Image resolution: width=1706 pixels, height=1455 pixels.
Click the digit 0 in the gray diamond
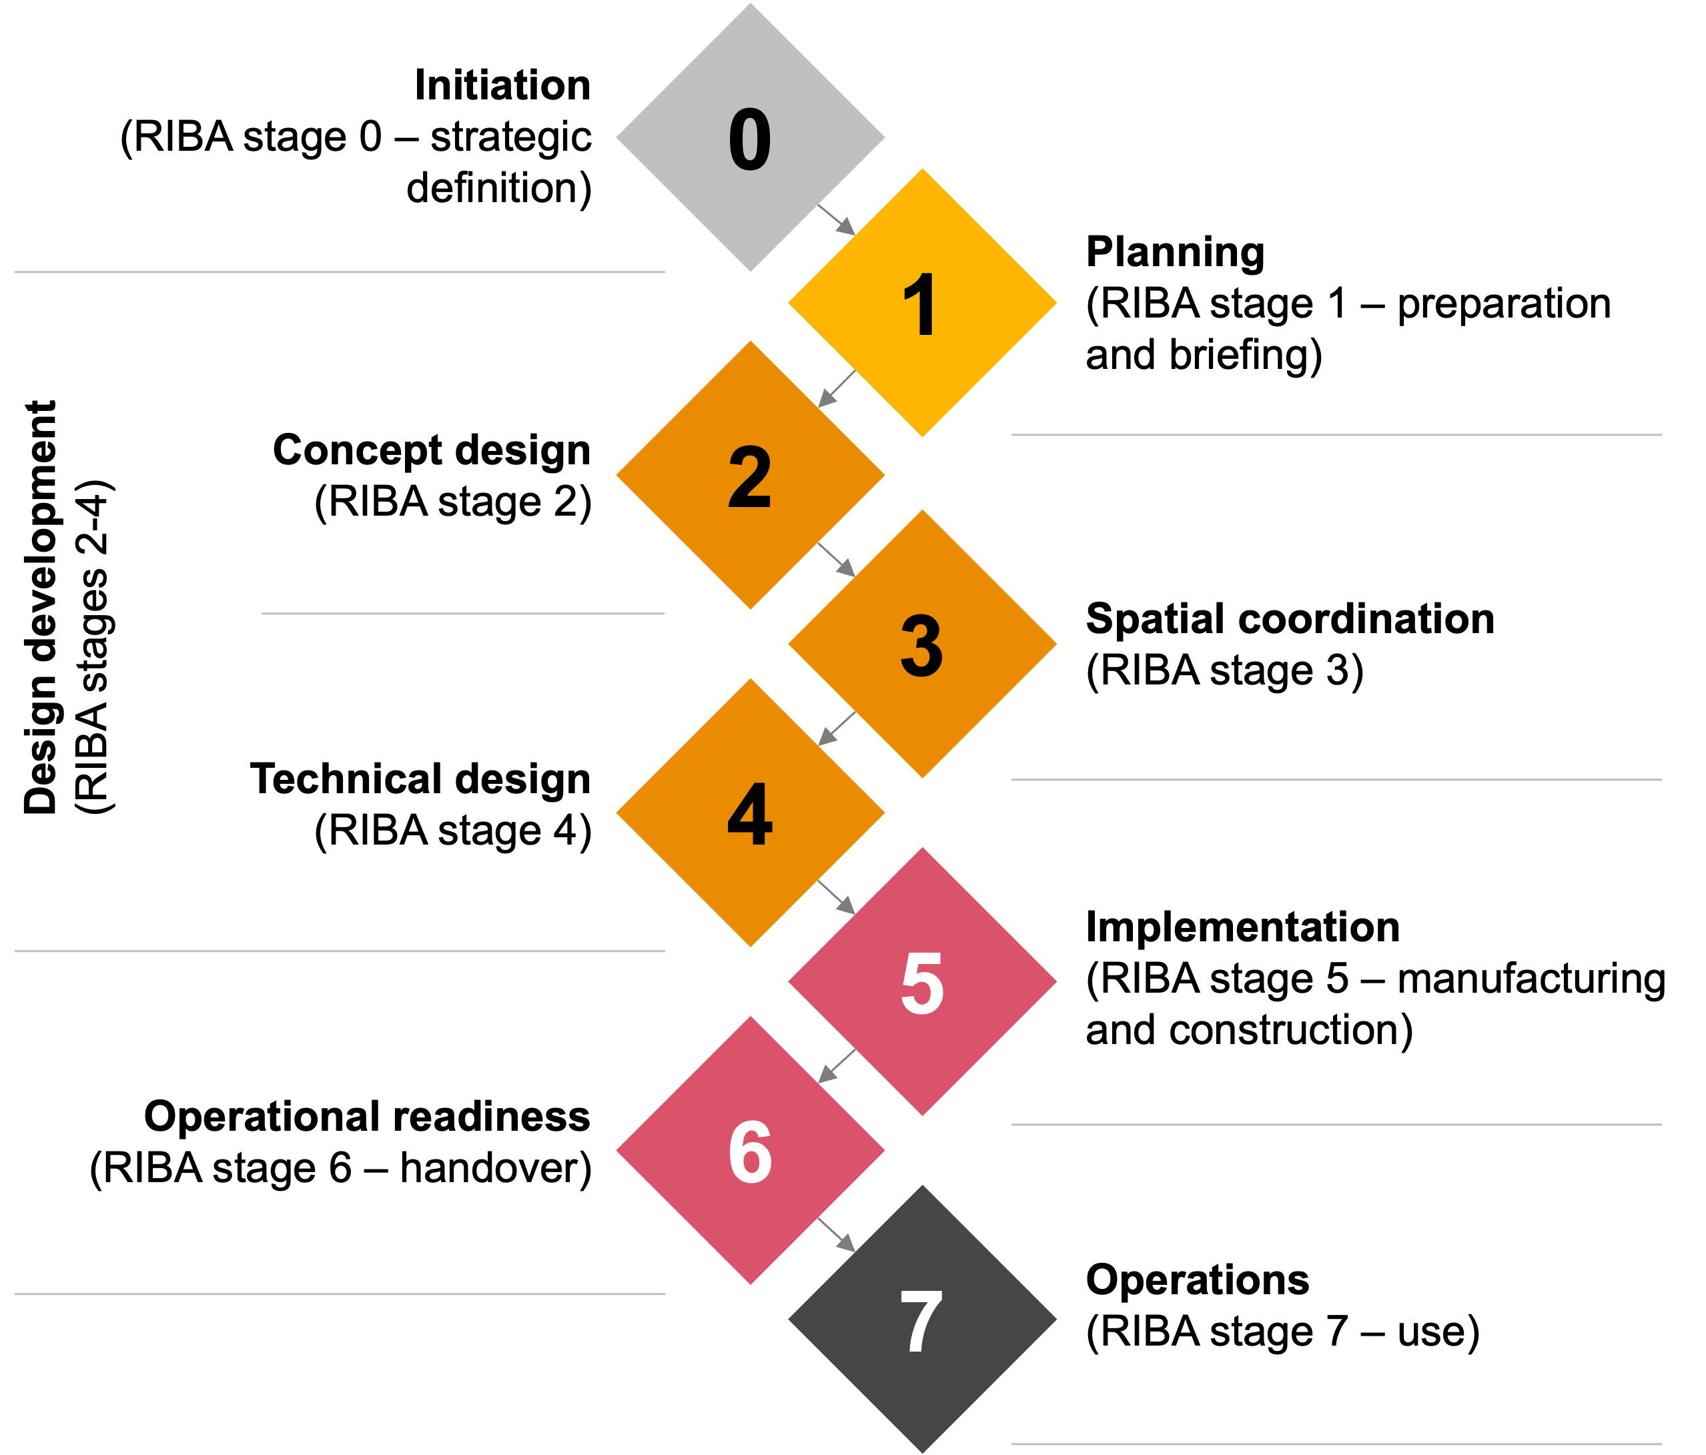pyautogui.click(x=750, y=140)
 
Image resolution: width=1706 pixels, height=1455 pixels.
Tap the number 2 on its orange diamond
pyautogui.click(x=750, y=477)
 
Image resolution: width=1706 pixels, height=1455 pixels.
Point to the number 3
pyautogui.click(x=921, y=646)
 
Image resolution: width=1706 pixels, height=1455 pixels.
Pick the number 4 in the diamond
pyautogui.click(x=750, y=813)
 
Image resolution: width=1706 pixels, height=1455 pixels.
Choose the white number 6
pyautogui.click(x=750, y=1152)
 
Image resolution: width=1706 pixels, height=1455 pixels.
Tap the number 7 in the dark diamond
pyautogui.click(x=921, y=1321)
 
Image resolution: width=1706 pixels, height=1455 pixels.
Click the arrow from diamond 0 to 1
pyautogui.click(x=837, y=221)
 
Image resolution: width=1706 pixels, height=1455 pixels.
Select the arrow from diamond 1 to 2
pyautogui.click(x=837, y=389)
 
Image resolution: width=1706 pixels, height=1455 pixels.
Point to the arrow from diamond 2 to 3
pyautogui.click(x=837, y=559)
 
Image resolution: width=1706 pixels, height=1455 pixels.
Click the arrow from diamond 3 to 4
pyautogui.click(x=837, y=729)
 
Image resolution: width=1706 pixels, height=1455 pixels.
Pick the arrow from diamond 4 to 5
pyautogui.click(x=837, y=897)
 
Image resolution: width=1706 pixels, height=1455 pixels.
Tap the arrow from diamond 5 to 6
pyautogui.click(x=837, y=1066)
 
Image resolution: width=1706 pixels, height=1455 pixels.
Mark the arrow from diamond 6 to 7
pyautogui.click(x=837, y=1235)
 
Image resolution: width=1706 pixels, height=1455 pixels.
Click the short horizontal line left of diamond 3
pyautogui.click(x=463, y=614)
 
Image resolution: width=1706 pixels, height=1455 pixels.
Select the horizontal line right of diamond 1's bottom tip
pyautogui.click(x=1336, y=435)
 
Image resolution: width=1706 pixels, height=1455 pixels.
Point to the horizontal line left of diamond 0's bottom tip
pyautogui.click(x=339, y=272)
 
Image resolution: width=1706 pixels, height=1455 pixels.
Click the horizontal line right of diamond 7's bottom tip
pyautogui.click(x=1336, y=1444)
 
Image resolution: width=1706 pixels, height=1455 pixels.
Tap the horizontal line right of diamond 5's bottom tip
pyautogui.click(x=1336, y=1124)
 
